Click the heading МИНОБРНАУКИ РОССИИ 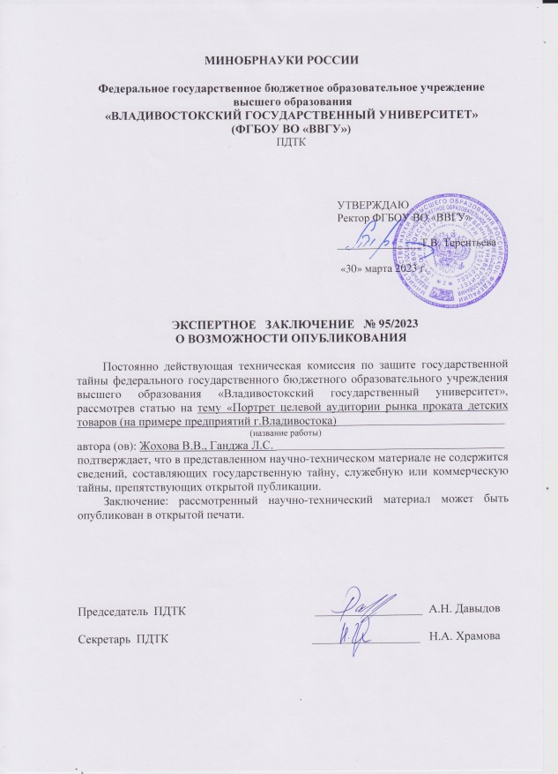click(x=278, y=59)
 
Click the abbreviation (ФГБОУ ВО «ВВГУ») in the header click(x=278, y=130)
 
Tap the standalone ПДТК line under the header click(x=278, y=143)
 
